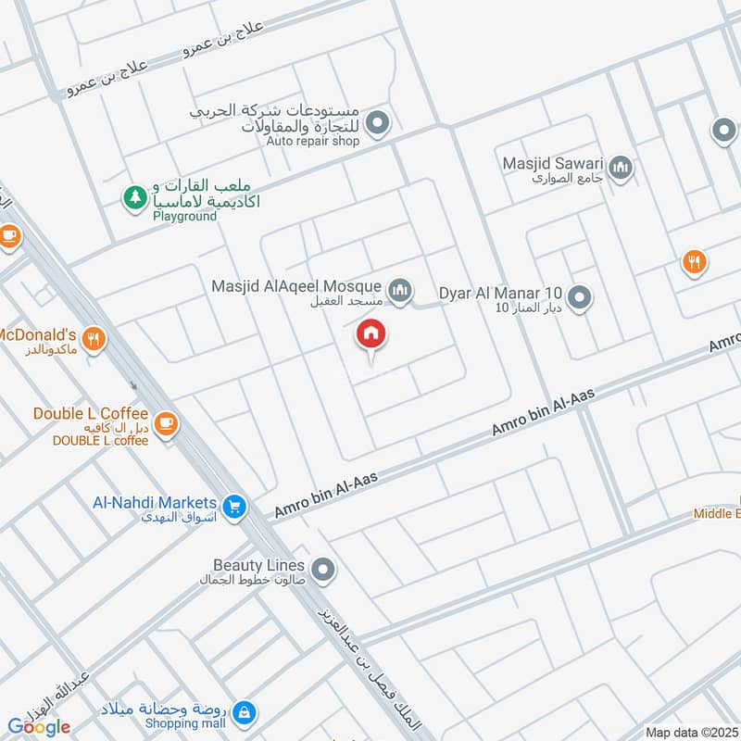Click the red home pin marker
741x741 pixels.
click(371, 335)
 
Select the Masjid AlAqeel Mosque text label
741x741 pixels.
click(296, 286)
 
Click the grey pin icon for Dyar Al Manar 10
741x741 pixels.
click(580, 297)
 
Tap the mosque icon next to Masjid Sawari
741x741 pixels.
click(622, 169)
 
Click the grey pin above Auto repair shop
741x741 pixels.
click(377, 122)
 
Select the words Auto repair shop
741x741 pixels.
click(312, 142)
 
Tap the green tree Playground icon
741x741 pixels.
click(135, 196)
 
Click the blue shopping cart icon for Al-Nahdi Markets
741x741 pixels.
click(235, 505)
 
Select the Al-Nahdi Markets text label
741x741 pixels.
click(155, 502)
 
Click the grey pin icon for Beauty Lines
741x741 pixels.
click(322, 569)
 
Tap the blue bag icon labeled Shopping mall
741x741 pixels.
click(244, 712)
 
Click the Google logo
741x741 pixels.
click(39, 727)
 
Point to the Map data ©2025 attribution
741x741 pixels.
click(690, 732)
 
